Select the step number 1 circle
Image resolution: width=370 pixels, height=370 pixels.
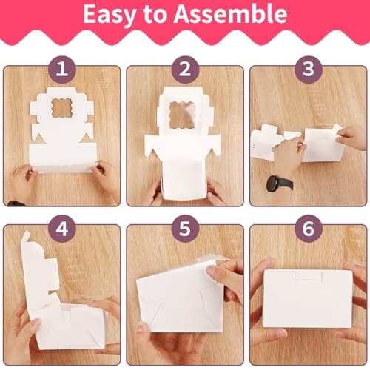tap(61, 70)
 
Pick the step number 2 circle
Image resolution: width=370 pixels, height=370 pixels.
tap(185, 70)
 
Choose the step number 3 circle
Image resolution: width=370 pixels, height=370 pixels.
tap(309, 70)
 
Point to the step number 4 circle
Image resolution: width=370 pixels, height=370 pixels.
tap(61, 229)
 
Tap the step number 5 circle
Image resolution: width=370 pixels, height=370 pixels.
tap(185, 229)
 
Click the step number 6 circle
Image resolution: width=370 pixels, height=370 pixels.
tap(309, 229)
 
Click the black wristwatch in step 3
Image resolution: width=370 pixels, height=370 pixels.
tap(280, 183)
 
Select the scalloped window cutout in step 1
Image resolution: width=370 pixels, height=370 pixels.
tap(61, 108)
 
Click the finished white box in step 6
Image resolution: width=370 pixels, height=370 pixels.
tap(308, 299)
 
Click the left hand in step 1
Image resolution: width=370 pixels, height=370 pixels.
tap(23, 183)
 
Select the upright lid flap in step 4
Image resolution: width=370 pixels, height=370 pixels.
tap(39, 269)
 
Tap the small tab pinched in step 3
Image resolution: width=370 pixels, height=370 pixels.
tap(337, 130)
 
